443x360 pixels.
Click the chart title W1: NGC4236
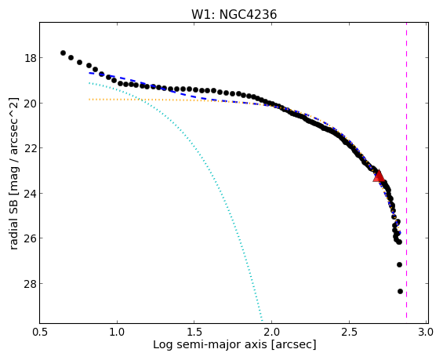click(234, 14)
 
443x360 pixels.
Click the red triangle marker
click(379, 176)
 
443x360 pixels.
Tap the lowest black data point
click(400, 291)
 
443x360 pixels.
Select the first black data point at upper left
click(63, 53)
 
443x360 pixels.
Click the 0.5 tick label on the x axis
click(40, 332)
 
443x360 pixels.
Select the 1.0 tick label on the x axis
click(117, 332)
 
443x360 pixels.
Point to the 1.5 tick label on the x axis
click(194, 332)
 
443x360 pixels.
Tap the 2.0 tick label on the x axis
click(272, 332)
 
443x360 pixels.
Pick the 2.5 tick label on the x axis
click(349, 332)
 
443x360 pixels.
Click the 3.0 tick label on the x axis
click(426, 332)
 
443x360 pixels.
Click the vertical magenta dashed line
click(407, 173)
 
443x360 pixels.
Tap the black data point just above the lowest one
click(399, 265)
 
